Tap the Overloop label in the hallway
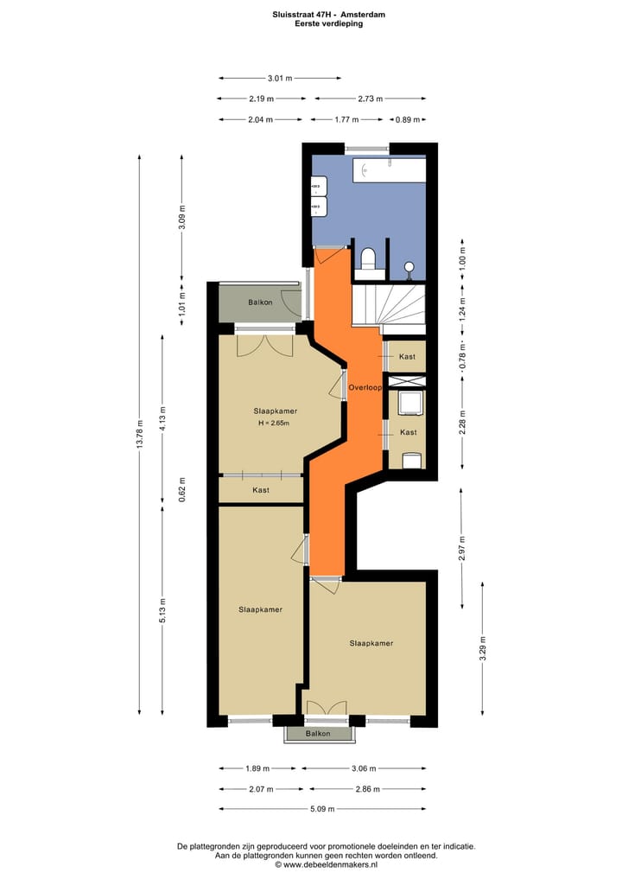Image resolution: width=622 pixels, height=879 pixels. click(365, 388)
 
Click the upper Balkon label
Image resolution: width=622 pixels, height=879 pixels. click(260, 302)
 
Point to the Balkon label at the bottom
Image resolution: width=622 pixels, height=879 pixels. click(318, 733)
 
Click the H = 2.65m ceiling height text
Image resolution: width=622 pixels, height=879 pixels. click(273, 423)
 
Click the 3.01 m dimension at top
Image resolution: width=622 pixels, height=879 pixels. click(280, 78)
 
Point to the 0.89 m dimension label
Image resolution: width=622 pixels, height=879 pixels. click(408, 120)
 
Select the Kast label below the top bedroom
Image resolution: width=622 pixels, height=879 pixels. click(261, 490)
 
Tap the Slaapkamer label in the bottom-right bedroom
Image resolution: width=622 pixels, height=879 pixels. click(371, 643)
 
